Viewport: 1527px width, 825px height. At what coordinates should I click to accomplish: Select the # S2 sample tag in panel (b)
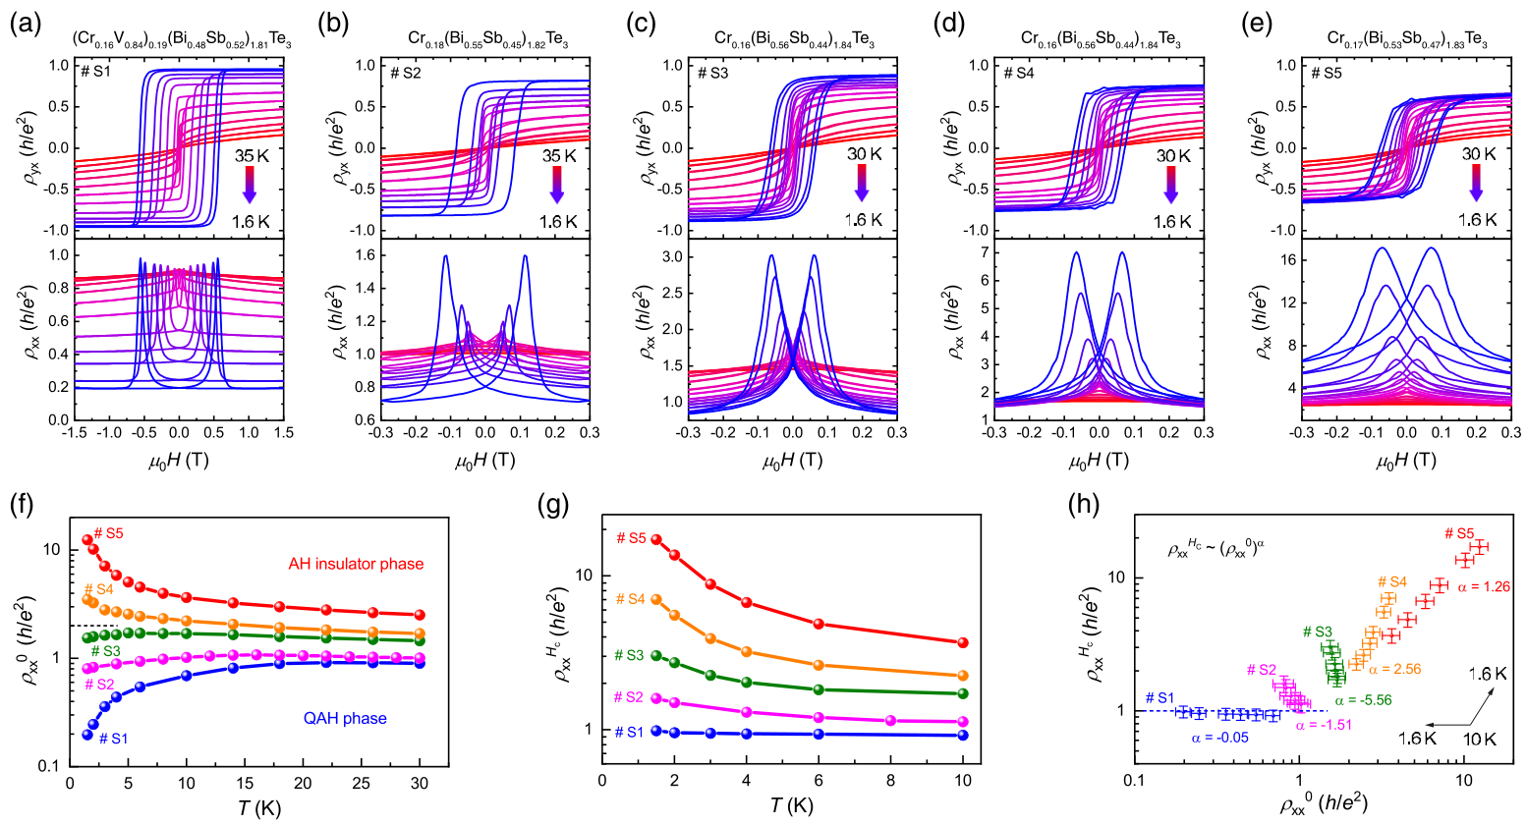tap(406, 73)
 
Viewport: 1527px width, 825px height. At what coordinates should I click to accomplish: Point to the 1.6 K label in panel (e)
tap(1476, 221)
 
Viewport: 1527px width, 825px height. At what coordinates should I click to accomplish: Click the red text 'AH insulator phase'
tap(356, 564)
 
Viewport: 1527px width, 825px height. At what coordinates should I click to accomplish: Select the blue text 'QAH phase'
tap(345, 718)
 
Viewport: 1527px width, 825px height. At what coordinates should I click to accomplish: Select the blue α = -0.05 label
tap(1219, 738)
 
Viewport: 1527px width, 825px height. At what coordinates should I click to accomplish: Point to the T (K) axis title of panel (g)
tap(782, 805)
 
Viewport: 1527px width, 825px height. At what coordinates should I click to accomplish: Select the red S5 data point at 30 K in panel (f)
tap(420, 615)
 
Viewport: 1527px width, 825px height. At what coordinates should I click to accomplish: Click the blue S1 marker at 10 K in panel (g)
tap(963, 735)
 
